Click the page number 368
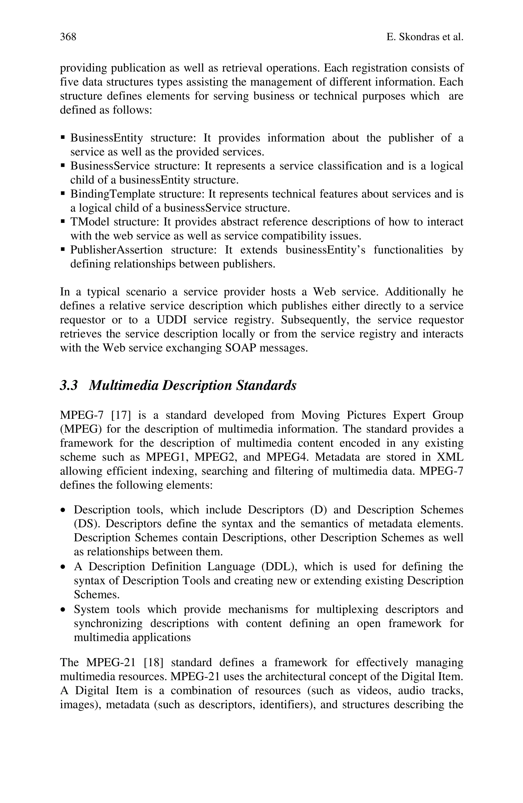[68, 37]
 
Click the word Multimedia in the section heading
[123, 385]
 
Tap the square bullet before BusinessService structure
[63, 166]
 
